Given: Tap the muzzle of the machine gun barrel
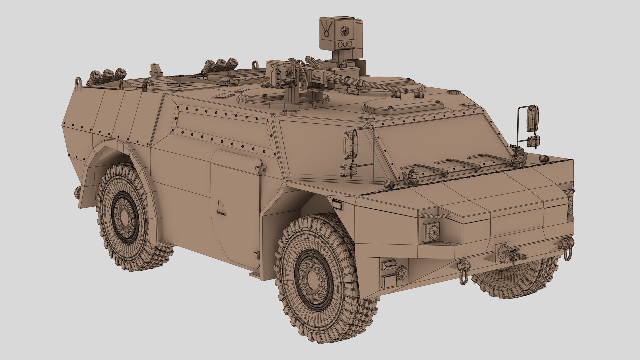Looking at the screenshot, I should point(406,90).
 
